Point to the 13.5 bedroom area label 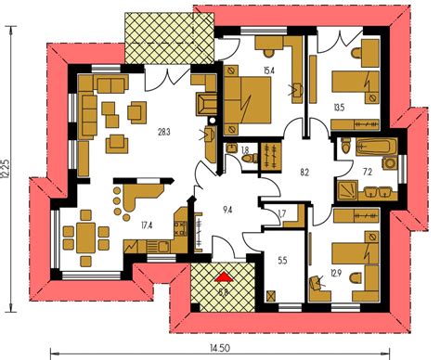[x=339, y=108]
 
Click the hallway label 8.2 [x=304, y=173]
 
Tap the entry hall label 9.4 [x=226, y=209]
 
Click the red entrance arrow [x=223, y=276]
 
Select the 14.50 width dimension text [x=219, y=348]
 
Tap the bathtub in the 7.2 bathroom [x=372, y=147]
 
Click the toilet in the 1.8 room [x=249, y=159]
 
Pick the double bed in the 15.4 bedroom [x=248, y=96]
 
